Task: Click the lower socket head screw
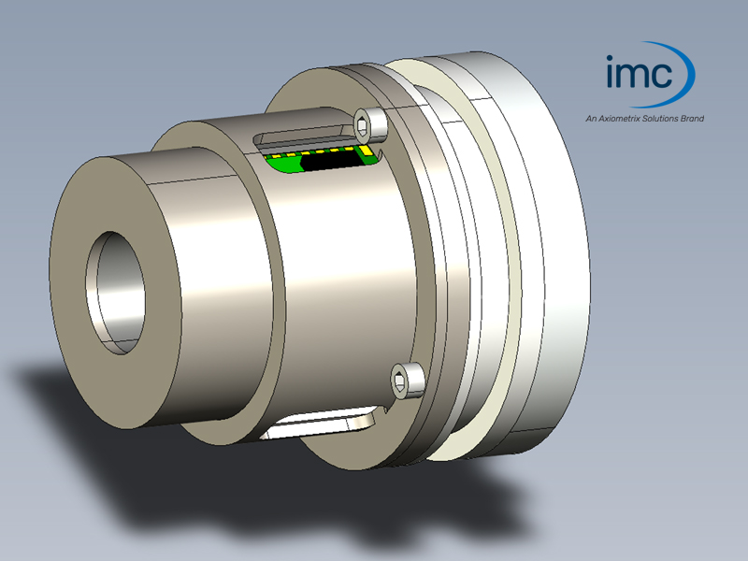(x=408, y=379)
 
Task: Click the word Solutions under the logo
(x=659, y=119)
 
